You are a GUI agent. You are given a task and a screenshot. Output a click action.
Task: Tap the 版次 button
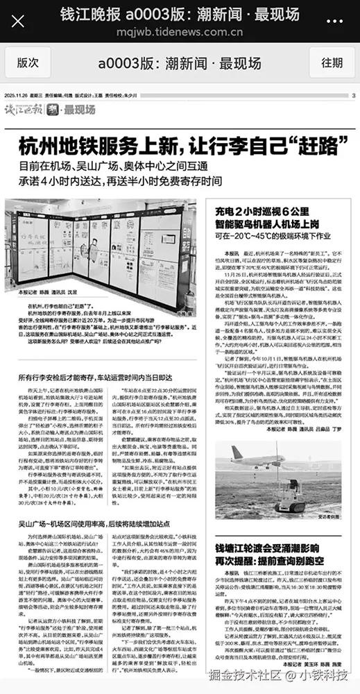coord(28,62)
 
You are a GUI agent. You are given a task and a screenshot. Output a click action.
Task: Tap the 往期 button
coord(332,62)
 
